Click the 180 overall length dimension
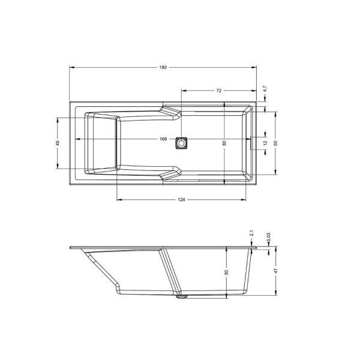tap(163, 67)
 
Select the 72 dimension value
tap(219, 91)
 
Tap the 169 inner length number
tap(163, 139)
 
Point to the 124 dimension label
tap(181, 200)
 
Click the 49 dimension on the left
tap(58, 143)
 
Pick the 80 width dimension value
tap(224, 143)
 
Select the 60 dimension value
tap(276, 143)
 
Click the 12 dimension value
tap(265, 143)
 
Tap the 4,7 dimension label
tap(265, 89)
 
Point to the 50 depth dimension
tap(226, 272)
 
